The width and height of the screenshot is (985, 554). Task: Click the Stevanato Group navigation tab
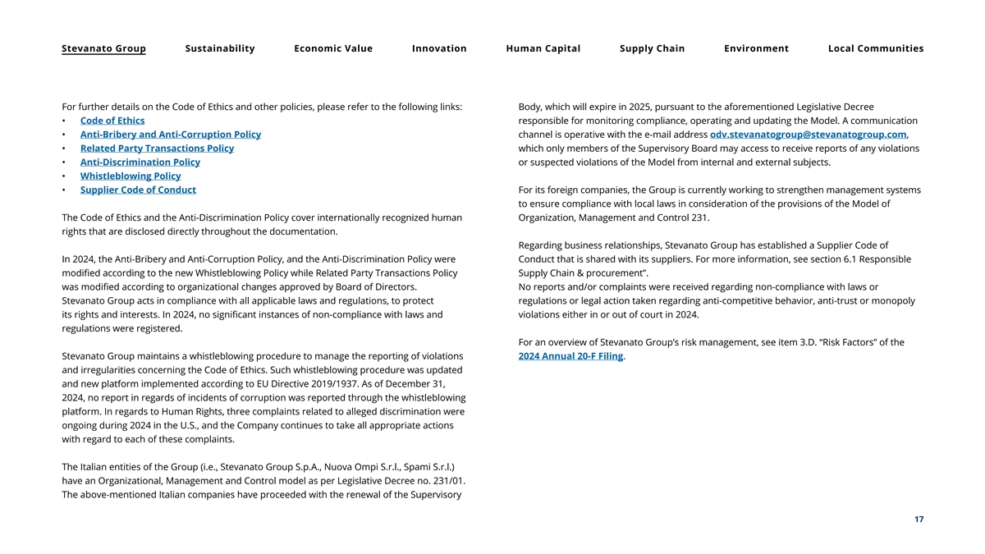pos(103,48)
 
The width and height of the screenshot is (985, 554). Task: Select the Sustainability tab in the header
pos(220,48)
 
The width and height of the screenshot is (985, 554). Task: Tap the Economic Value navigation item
pos(333,48)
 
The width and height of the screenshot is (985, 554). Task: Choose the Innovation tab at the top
pos(439,48)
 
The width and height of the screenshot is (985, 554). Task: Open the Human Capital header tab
pos(543,48)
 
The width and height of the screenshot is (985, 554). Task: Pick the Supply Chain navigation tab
pos(652,48)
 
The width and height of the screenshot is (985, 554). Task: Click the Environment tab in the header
pos(756,48)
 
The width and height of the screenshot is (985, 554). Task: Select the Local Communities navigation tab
pos(876,48)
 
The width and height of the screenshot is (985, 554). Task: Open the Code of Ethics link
pos(112,121)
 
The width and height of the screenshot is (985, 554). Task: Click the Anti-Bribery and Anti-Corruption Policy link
pos(171,135)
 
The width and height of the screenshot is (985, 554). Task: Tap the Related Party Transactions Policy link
pos(157,149)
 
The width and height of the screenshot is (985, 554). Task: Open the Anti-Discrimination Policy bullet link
pos(140,163)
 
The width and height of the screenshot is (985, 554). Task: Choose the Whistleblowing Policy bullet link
pos(131,176)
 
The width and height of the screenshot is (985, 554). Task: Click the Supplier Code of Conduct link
pos(138,190)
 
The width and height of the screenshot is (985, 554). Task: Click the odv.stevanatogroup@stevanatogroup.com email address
pos(808,135)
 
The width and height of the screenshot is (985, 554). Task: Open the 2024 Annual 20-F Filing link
pos(570,356)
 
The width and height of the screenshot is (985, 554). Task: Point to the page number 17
pos(919,520)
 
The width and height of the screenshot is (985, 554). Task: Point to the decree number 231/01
pos(449,481)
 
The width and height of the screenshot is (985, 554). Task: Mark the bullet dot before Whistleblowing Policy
pos(64,176)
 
